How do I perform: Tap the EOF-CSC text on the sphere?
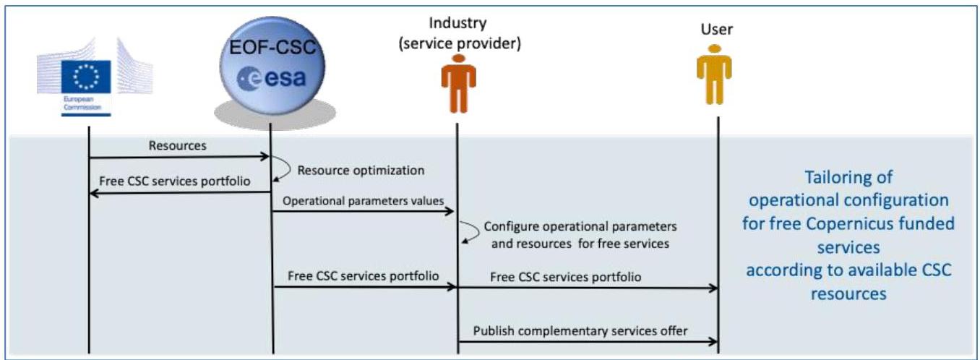click(272, 47)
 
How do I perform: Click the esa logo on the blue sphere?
click(271, 79)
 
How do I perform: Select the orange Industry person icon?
click(458, 84)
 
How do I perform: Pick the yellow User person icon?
click(714, 74)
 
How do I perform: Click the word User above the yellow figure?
click(717, 30)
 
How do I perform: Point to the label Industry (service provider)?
click(459, 33)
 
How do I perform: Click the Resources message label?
click(177, 145)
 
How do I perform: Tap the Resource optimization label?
click(361, 170)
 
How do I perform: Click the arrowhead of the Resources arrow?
click(265, 157)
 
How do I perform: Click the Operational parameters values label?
click(363, 201)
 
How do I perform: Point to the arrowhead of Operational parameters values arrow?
click(450, 212)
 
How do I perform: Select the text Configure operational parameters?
click(580, 226)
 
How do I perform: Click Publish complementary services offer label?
click(580, 330)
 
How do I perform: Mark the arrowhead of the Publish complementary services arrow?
click(713, 342)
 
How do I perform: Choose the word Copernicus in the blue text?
click(848, 223)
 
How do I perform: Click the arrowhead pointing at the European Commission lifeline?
click(94, 193)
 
